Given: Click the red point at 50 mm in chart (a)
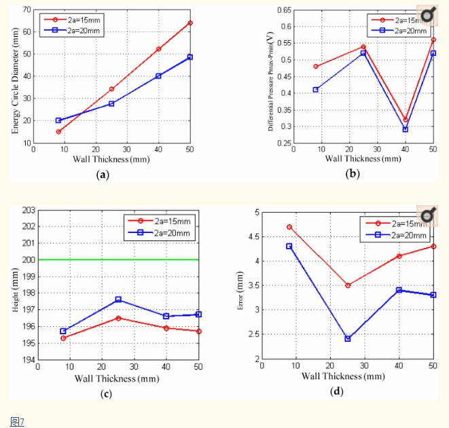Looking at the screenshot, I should tap(190, 23).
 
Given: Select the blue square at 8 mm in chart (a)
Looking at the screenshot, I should tap(58, 120).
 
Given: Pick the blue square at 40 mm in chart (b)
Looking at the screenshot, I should tap(405, 129).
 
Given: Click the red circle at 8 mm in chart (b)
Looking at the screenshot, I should tap(316, 67).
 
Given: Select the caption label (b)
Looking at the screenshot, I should tap(353, 174).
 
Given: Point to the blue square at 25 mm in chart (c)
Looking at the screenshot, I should tap(118, 300).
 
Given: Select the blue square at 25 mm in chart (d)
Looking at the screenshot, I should tap(348, 338).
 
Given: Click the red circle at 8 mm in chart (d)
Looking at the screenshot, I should tap(289, 227).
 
